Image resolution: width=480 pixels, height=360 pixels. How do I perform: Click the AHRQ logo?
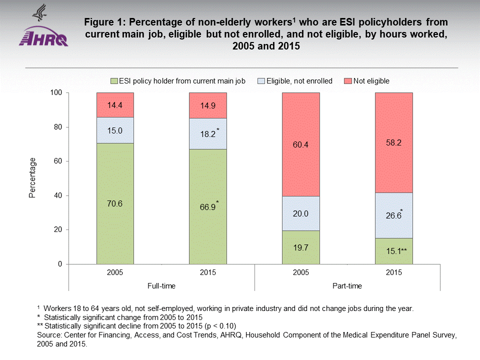pyautogui.click(x=43, y=30)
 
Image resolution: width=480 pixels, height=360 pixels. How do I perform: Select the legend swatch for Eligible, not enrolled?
pyautogui.click(x=260, y=80)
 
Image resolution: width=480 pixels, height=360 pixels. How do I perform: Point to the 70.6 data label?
pyautogui.click(x=115, y=204)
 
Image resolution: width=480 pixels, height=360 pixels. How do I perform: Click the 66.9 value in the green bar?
pyautogui.click(x=206, y=207)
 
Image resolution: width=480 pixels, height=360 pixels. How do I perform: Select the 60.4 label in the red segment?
pyautogui.click(x=300, y=144)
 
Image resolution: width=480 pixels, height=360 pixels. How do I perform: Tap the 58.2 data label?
pyautogui.click(x=393, y=142)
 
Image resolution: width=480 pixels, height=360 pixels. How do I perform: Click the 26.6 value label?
pyautogui.click(x=392, y=216)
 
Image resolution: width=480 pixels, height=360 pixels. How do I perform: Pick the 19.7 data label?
pyautogui.click(x=300, y=246)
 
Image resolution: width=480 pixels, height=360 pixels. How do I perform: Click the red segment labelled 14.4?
pyautogui.click(x=115, y=105)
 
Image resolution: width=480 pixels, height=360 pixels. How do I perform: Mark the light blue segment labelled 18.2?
pyautogui.click(x=207, y=133)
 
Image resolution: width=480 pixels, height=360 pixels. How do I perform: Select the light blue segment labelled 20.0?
pyautogui.click(x=300, y=213)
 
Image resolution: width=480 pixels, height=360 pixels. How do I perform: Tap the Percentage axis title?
pyautogui.click(x=32, y=178)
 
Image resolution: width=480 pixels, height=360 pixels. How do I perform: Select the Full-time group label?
pyautogui.click(x=161, y=286)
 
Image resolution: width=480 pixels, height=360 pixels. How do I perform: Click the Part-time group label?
pyautogui.click(x=347, y=286)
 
